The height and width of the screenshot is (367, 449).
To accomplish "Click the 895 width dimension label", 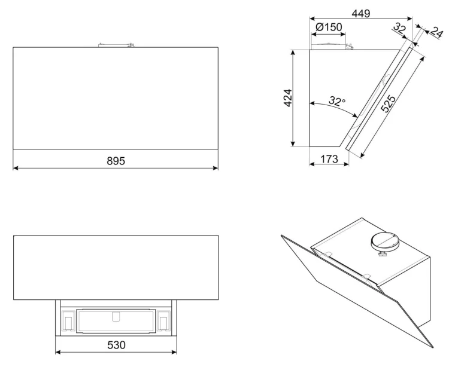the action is [116, 161].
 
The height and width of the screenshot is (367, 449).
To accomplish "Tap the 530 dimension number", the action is [116, 345].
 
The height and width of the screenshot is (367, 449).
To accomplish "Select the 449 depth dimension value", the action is [361, 13].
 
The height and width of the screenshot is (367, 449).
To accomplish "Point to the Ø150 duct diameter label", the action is [329, 27].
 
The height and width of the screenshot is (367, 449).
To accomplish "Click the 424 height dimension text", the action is [288, 98].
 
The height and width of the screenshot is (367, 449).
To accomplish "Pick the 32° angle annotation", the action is [337, 100].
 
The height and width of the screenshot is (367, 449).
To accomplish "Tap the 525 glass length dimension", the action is [389, 103].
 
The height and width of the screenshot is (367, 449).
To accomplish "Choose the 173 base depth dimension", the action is [329, 159].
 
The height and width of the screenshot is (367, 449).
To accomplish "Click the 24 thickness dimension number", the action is [437, 32].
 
